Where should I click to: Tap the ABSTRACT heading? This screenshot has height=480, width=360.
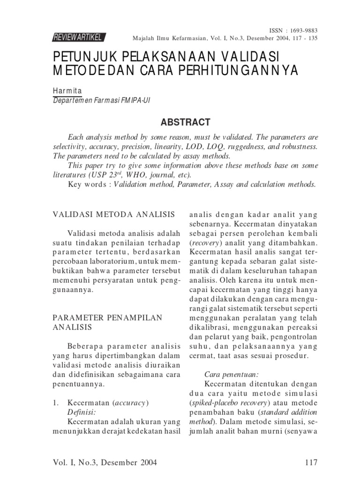point(185,122)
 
